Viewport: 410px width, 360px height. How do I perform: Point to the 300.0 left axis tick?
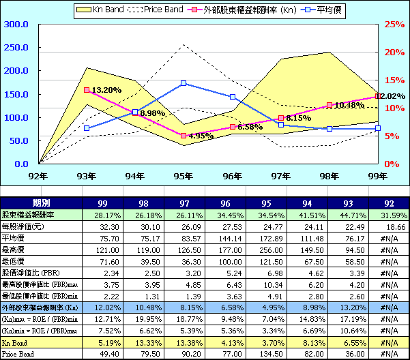coord(16,24)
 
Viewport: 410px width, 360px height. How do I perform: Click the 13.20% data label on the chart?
coord(106,90)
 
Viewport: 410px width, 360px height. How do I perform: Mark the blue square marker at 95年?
coord(184,83)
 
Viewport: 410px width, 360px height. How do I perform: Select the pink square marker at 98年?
coord(330,105)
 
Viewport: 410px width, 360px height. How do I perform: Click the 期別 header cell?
coord(40,203)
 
